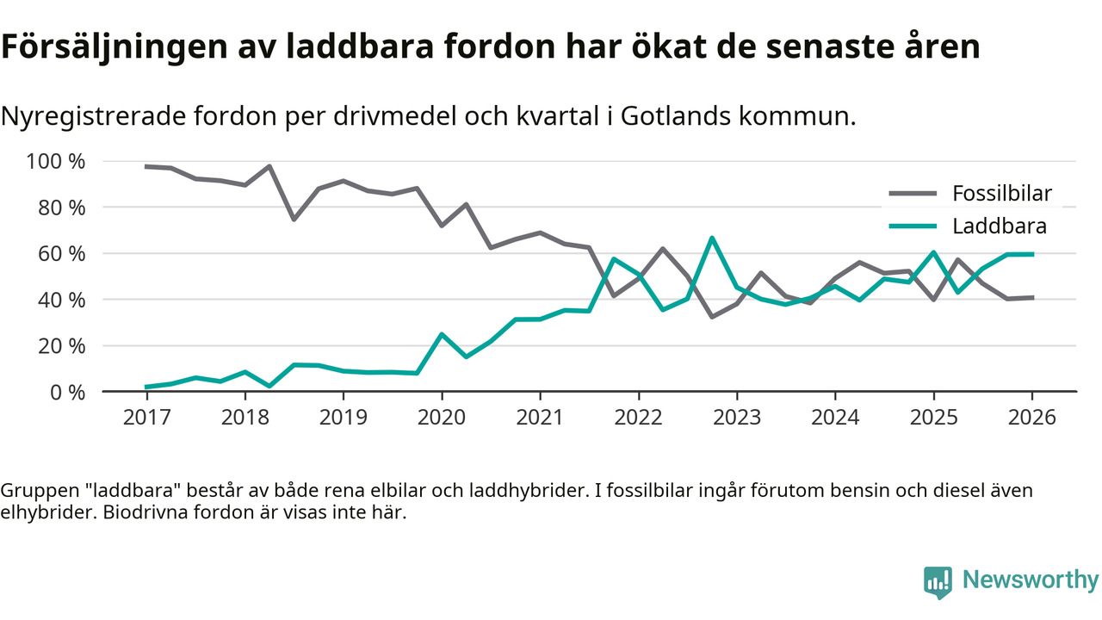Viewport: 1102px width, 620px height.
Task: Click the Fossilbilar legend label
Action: pos(1002,193)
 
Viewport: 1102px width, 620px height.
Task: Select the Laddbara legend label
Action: pos(999,226)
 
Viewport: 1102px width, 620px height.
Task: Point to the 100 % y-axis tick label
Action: pos(56,162)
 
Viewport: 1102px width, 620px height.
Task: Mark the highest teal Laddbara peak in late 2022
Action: pos(712,238)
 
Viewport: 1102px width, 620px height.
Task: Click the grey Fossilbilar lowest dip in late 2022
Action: pos(712,317)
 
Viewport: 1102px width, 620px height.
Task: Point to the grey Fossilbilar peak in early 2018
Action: pos(269,166)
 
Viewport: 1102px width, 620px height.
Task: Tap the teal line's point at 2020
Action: pos(442,334)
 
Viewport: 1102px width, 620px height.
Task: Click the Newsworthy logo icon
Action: pos(938,582)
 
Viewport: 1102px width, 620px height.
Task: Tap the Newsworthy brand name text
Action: pos(1030,580)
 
